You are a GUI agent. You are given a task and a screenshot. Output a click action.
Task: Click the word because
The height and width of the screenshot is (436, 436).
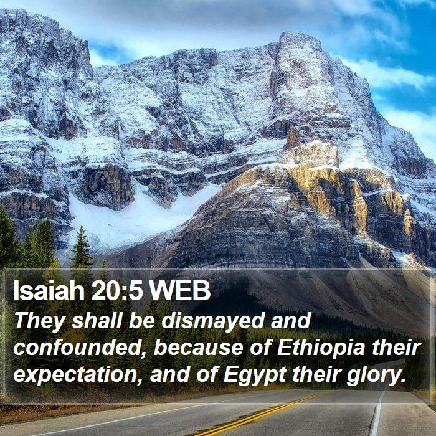(x=199, y=348)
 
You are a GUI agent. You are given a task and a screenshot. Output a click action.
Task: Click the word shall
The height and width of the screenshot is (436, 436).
(x=97, y=321)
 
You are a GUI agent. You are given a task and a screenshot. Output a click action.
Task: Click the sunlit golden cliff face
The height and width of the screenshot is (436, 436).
(x=328, y=189)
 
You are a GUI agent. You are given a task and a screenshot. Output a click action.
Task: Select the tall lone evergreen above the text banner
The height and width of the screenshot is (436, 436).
(x=82, y=247)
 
